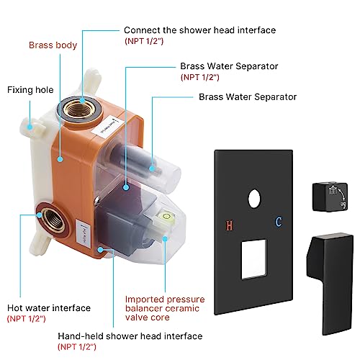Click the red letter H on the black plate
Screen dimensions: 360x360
coord(229,225)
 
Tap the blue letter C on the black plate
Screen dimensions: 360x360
coord(279,222)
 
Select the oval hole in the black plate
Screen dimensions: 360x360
coord(254,199)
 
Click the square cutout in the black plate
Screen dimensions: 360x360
coord(254,259)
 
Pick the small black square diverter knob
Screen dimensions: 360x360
coord(330,197)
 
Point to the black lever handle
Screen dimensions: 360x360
coord(330,283)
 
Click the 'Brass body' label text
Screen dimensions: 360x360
coord(53,45)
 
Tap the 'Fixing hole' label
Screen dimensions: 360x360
coord(30,90)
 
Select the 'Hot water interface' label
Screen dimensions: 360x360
coord(49,308)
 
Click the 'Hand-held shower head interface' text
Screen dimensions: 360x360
coord(130,336)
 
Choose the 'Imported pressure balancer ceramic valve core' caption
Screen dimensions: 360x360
coord(165,308)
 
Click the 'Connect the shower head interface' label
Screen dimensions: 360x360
coord(199,30)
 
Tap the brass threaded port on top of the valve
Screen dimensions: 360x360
coord(78,109)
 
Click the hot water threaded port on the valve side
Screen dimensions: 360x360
coord(53,220)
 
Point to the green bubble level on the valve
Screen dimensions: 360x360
coord(166,217)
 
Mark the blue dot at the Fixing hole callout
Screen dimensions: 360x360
coord(30,127)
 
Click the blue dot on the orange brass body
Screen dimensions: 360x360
coord(60,159)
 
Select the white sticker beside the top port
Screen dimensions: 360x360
coord(108,127)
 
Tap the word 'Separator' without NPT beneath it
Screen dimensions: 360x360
coord(275,97)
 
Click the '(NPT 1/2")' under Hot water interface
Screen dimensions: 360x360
coord(27,319)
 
